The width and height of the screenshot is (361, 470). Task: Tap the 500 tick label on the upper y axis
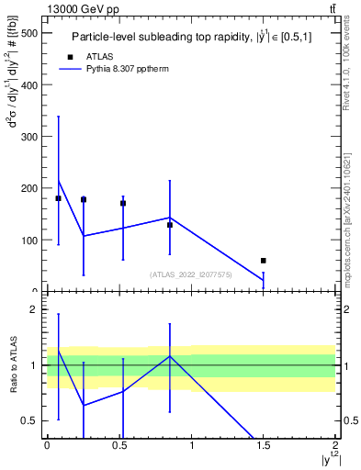28,33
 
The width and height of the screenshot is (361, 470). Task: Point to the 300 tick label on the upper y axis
28,137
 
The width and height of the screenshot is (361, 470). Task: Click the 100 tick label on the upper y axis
28,241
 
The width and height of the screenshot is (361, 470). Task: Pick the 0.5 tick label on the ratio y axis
31,421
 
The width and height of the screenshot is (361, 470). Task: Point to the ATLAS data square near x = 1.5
264,261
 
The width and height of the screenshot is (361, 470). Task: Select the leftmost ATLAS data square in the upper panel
58,198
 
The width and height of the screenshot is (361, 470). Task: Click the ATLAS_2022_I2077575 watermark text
189,274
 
